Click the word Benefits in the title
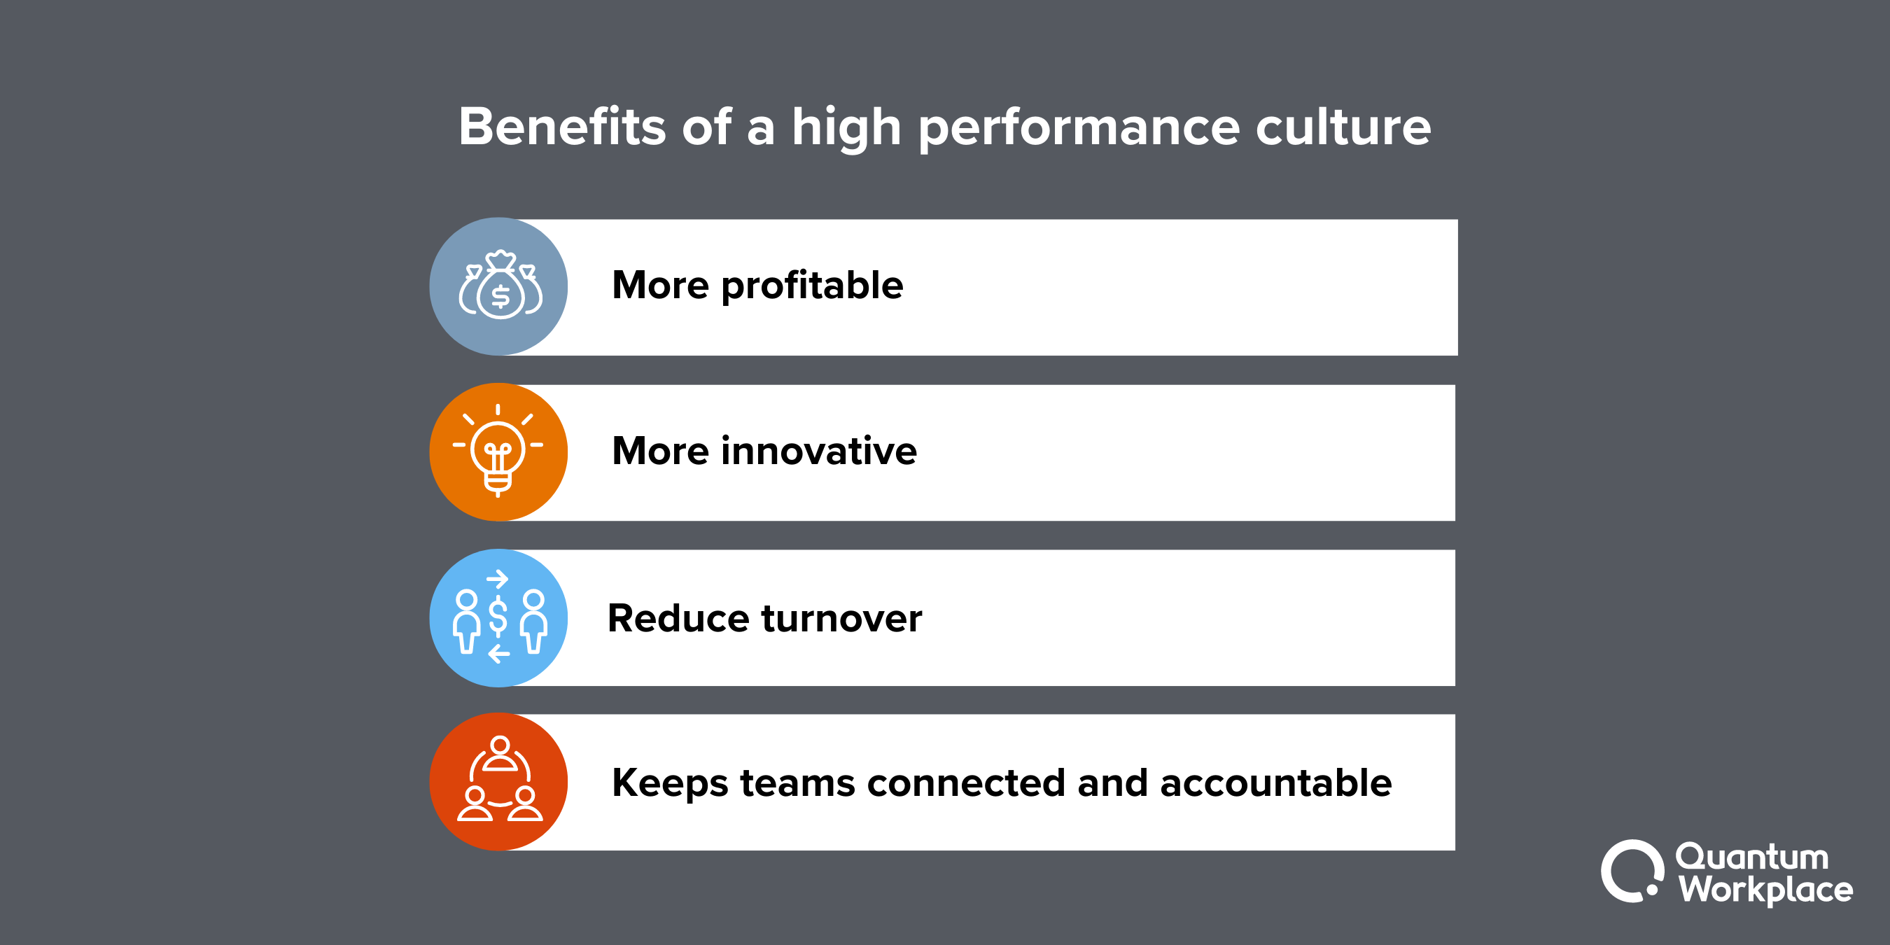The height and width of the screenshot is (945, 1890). [x=562, y=126]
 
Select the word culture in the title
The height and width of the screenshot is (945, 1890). [x=1343, y=126]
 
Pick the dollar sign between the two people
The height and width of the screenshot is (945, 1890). [x=498, y=616]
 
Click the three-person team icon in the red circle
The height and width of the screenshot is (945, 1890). [x=500, y=780]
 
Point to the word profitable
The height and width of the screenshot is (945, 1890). [x=812, y=286]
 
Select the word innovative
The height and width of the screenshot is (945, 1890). [x=819, y=451]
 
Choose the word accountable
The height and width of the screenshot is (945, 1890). [x=1276, y=782]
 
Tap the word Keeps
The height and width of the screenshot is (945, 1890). [x=670, y=783]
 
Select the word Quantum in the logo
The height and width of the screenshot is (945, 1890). [x=1751, y=856]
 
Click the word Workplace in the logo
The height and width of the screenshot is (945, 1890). [x=1765, y=890]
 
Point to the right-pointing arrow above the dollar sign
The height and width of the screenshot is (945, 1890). [x=498, y=579]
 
